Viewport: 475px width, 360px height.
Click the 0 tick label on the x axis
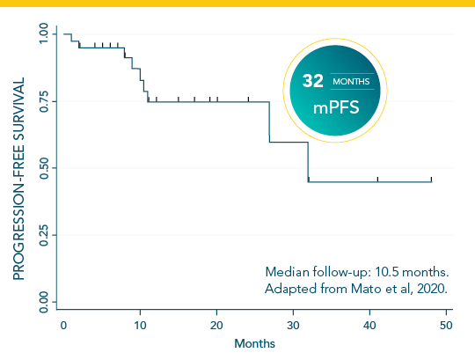[63, 326]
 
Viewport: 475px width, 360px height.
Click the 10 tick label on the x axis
[140, 326]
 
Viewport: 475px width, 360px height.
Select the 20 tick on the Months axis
[216, 326]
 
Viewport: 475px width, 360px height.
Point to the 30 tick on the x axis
[293, 326]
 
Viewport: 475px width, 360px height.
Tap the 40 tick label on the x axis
[369, 326]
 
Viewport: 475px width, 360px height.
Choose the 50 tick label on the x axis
[446, 326]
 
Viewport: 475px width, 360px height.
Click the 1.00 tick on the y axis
[43, 34]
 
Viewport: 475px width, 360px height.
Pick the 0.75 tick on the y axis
[43, 101]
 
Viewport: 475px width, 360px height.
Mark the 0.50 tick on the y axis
[43, 168]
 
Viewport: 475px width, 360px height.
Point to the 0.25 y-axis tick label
[43, 235]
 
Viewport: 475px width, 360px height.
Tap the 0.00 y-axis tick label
[43, 302]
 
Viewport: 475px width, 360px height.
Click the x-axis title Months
[255, 343]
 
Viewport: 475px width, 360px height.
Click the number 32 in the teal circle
[313, 81]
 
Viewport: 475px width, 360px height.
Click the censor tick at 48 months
[432, 179]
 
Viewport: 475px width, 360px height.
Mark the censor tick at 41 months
[377, 179]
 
